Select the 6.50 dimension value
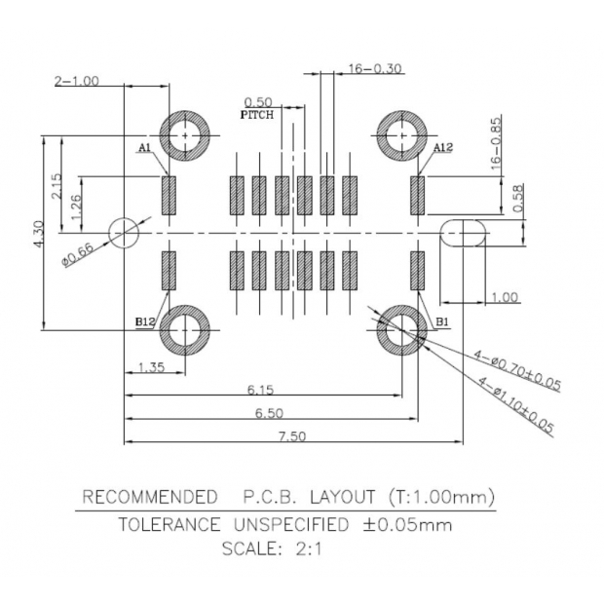pos(269,413)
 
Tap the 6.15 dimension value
pos(260,389)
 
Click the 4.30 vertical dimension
pos(38,234)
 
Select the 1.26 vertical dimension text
pos(75,206)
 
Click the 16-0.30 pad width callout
pos(375,69)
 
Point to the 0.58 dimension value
pos(518,198)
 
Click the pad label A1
pos(143,147)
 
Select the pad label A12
pos(443,147)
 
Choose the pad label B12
pos(145,321)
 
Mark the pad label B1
pos(441,321)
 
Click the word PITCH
pos(257,114)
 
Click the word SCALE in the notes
pos(251,547)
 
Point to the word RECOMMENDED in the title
pos(149,497)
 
